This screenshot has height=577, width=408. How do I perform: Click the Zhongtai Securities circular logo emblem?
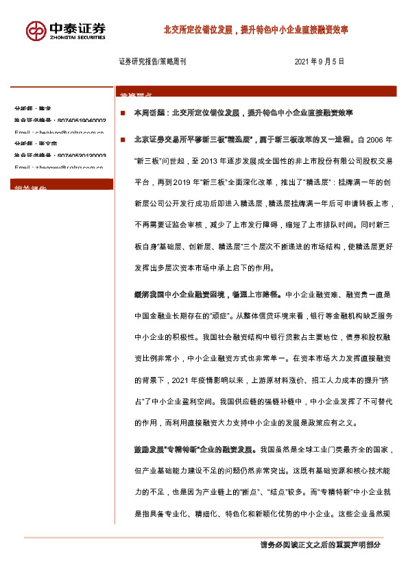click(36, 31)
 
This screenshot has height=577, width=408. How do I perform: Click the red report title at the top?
click(255, 30)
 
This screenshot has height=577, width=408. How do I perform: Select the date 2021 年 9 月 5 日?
click(319, 62)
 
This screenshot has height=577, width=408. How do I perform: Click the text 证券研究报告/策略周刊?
click(152, 62)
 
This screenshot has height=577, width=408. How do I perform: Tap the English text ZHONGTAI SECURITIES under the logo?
click(77, 38)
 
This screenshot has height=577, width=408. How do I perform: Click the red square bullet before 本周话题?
click(122, 112)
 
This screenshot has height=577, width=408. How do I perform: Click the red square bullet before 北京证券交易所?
click(122, 138)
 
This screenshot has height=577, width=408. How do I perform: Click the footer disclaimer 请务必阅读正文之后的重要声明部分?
click(320, 545)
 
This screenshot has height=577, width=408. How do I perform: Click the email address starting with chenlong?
click(59, 132)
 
